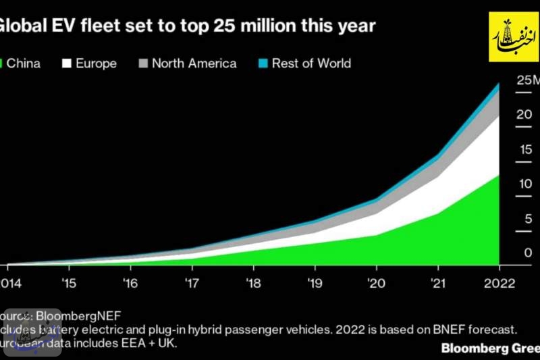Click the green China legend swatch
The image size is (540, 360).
click(3, 63)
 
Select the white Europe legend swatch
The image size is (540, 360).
click(67, 63)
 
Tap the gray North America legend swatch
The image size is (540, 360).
click(142, 63)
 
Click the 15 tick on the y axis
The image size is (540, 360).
click(524, 149)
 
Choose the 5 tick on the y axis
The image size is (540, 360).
click(528, 218)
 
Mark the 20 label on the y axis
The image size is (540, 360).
click(524, 114)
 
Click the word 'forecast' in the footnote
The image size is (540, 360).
click(491, 330)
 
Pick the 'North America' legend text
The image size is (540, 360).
click(194, 63)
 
